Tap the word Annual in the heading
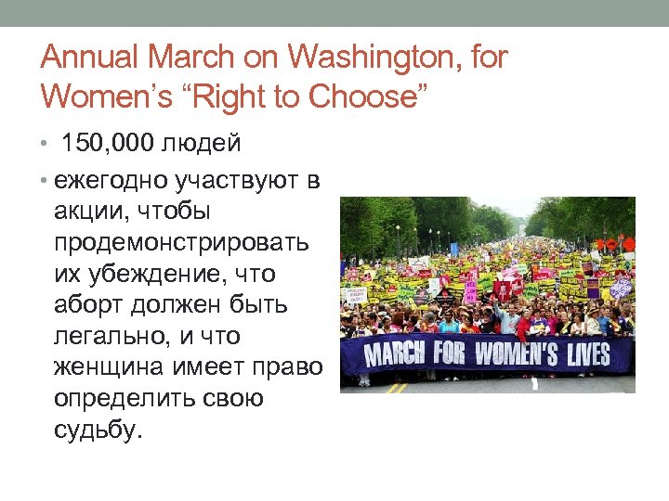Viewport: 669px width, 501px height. pos(90,58)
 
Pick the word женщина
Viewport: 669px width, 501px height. pos(108,368)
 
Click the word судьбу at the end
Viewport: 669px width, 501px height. pos(97,430)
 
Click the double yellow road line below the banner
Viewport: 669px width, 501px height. pos(397,387)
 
